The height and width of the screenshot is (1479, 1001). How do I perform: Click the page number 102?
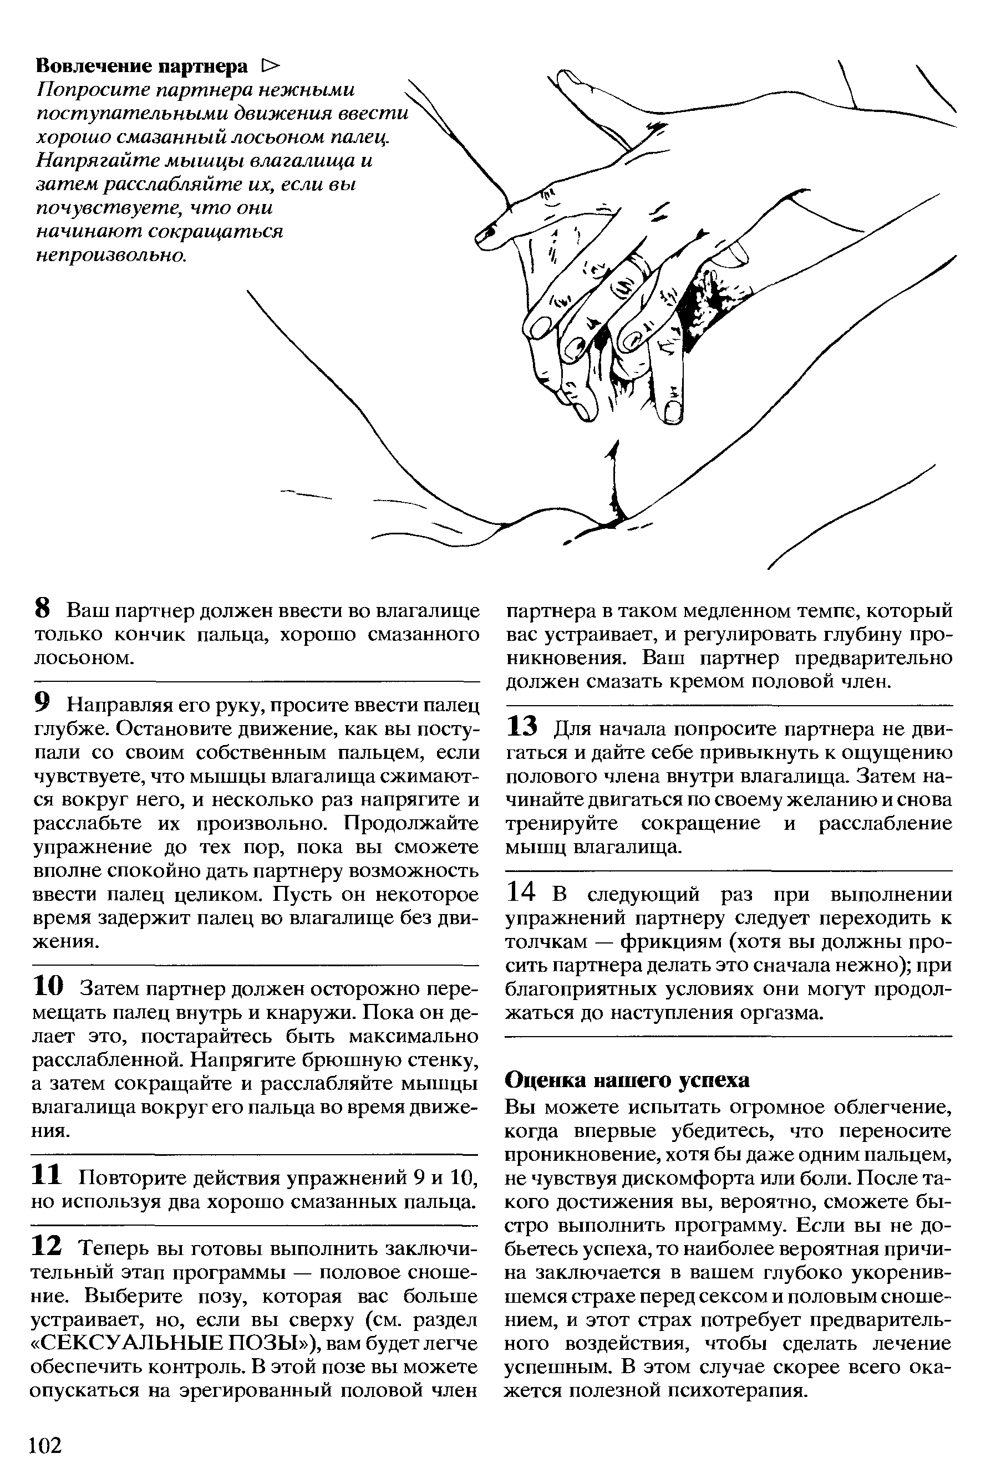click(x=46, y=1426)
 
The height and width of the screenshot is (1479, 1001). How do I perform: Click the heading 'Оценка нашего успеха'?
click(x=627, y=1080)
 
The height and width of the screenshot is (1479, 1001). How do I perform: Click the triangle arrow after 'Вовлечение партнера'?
click(x=270, y=65)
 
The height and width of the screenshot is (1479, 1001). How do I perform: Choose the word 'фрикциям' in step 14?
click(x=674, y=941)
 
